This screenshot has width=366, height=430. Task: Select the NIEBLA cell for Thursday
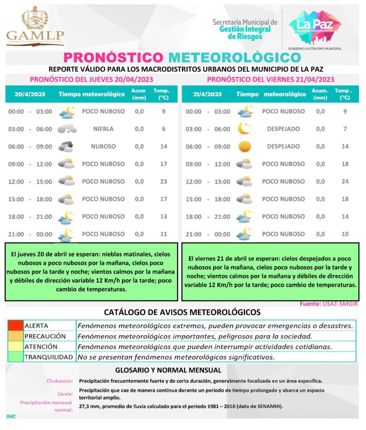tap(103, 129)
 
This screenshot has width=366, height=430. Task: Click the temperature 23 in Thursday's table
tap(163, 181)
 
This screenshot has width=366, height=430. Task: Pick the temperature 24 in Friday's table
tap(345, 181)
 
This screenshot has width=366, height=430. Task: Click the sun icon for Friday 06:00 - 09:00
tap(244, 146)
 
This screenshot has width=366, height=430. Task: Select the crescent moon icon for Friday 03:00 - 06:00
tap(244, 129)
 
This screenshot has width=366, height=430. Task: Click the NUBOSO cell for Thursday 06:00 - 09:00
tap(103, 146)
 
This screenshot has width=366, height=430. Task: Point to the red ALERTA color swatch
tap(15, 326)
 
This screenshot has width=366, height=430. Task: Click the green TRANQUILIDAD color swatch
tap(15, 357)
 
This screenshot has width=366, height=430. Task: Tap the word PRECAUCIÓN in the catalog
tap(45, 336)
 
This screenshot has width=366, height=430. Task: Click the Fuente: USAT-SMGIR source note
tap(328, 304)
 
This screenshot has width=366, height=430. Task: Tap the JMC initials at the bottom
tap(11, 416)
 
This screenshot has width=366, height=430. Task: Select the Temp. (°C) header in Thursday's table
tap(161, 94)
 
